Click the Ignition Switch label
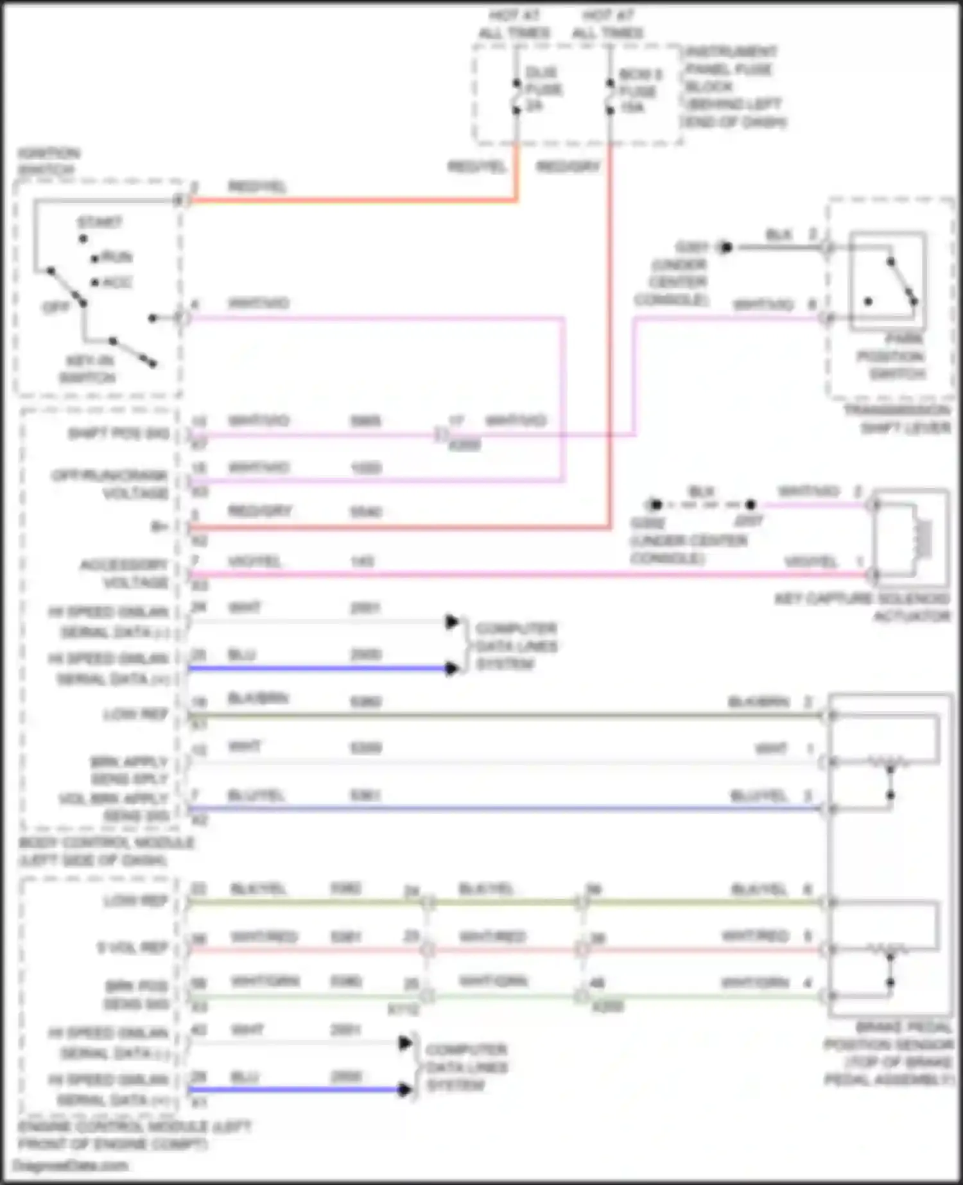pyautogui.click(x=48, y=161)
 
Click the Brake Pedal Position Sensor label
pyautogui.click(x=889, y=1053)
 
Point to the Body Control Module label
pyautogui.click(x=106, y=851)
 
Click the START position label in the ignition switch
pyautogui.click(x=100, y=222)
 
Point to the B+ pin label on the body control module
pyautogui.click(x=160, y=526)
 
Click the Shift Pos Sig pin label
pyautogui.click(x=119, y=433)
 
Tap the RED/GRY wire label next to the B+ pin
pyautogui.click(x=260, y=511)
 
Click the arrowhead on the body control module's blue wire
pyautogui.click(x=452, y=669)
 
